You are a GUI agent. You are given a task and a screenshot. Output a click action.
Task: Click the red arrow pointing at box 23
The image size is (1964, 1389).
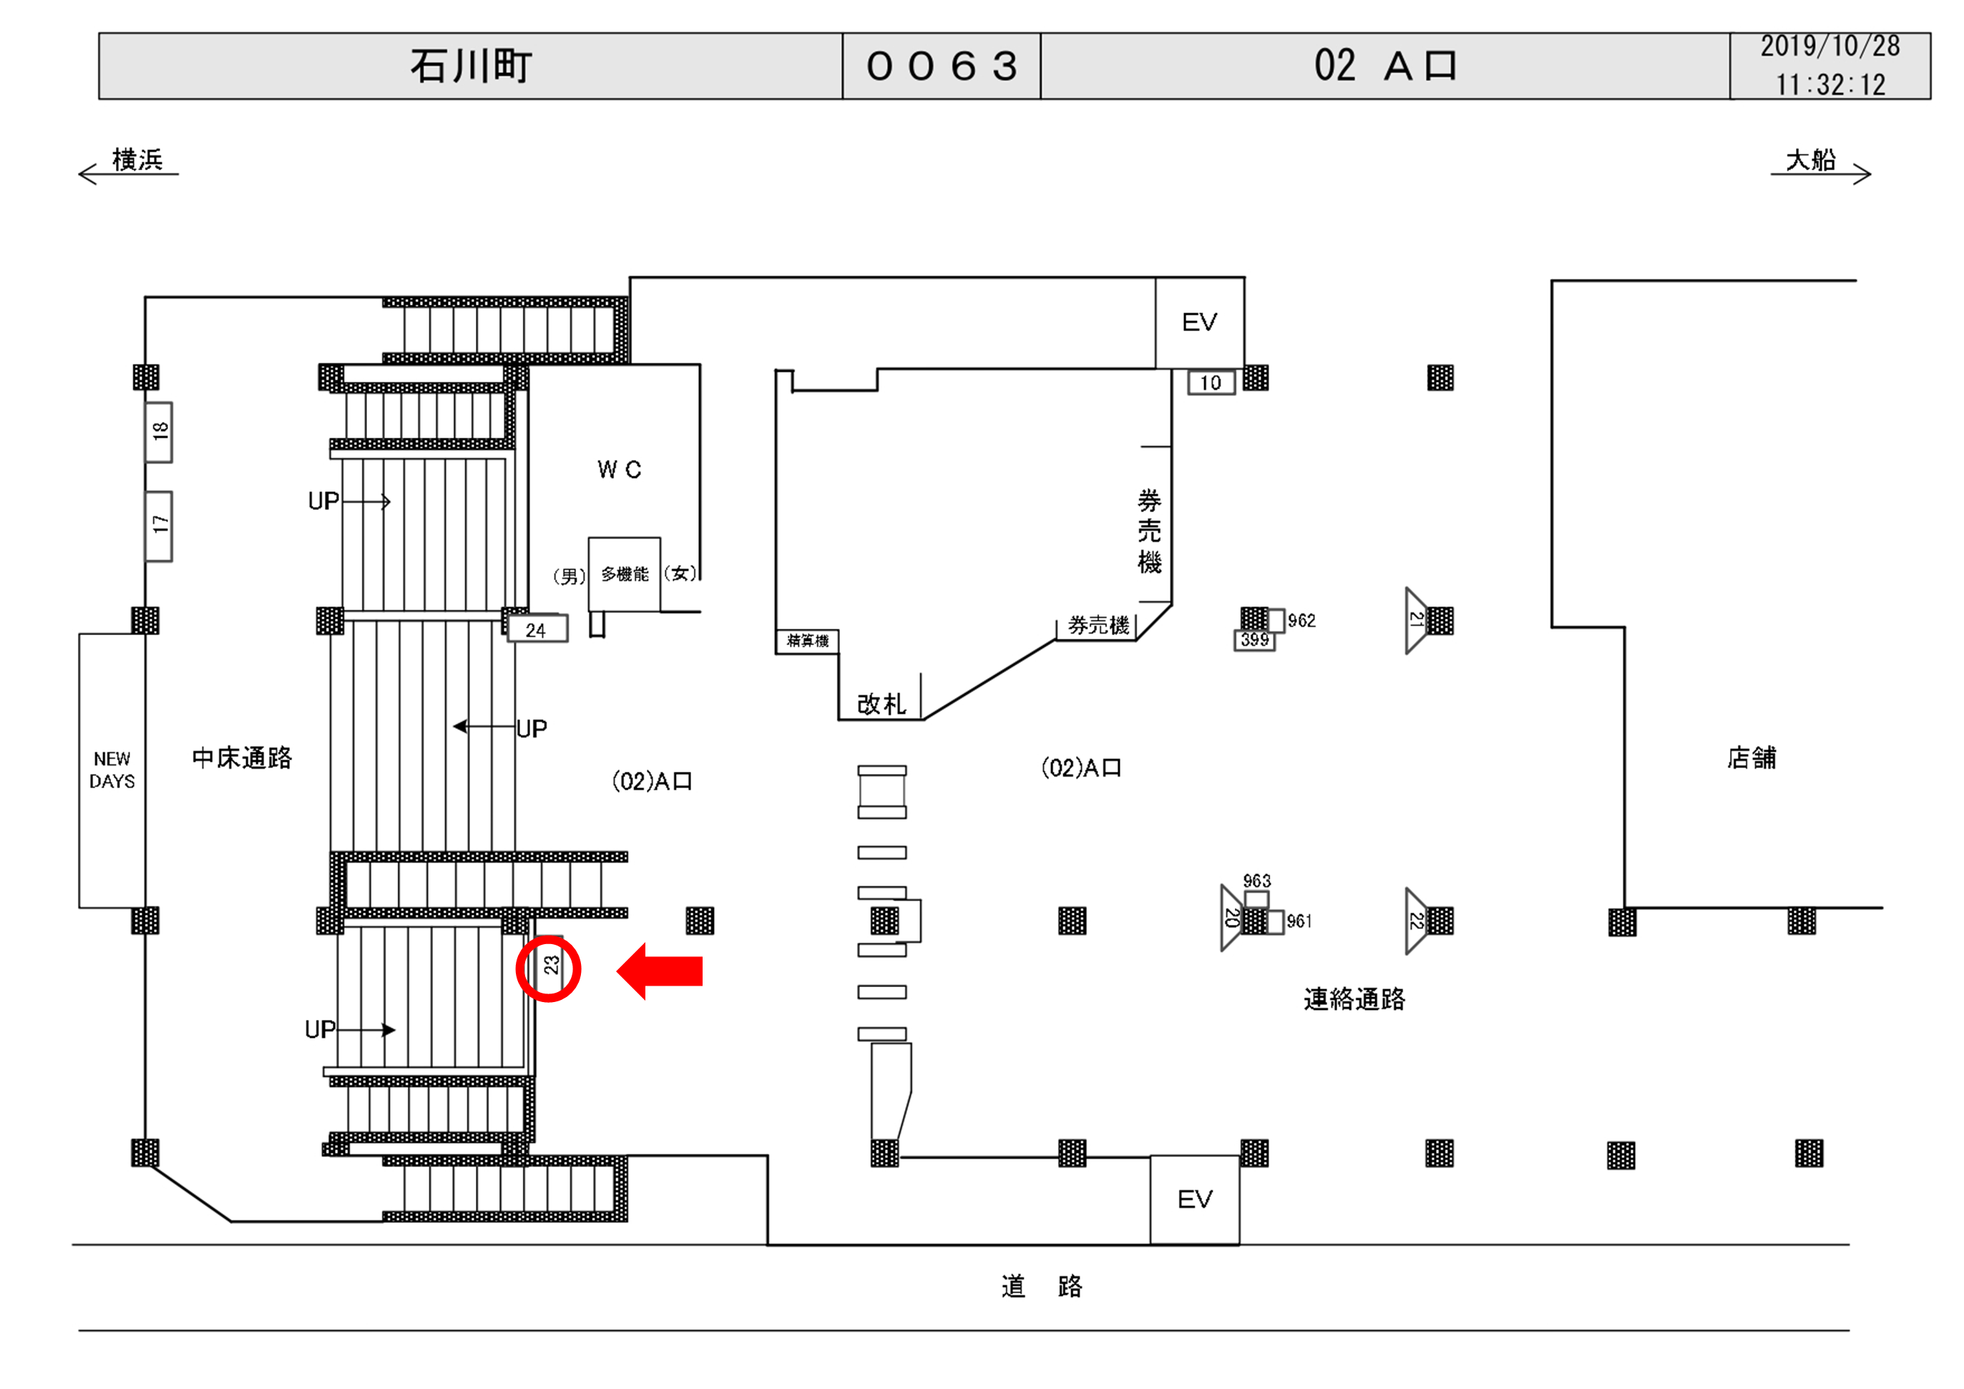[x=660, y=971]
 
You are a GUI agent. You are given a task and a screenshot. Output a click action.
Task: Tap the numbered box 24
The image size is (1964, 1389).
[x=537, y=630]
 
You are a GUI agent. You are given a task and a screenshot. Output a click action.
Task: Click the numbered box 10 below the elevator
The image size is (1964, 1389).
[x=1211, y=383]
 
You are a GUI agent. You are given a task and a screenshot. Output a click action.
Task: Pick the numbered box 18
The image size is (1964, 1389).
[x=159, y=432]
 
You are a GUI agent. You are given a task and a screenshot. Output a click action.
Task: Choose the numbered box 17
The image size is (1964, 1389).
[x=159, y=525]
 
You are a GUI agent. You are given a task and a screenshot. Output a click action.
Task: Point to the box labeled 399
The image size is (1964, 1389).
[x=1254, y=639]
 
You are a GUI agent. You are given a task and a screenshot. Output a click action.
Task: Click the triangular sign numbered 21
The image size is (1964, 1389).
[x=1416, y=620]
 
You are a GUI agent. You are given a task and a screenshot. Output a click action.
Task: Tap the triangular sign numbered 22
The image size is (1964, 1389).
[x=1416, y=921]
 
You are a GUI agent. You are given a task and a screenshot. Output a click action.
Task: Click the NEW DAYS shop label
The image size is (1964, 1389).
[x=112, y=770]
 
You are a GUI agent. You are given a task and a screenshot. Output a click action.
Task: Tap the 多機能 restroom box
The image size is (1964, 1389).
[x=625, y=574]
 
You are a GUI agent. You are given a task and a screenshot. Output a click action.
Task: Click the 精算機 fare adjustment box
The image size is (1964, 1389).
[x=808, y=641]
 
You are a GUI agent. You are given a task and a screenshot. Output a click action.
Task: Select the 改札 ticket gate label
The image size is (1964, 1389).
[x=881, y=704]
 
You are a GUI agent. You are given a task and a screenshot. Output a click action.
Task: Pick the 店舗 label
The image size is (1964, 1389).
[x=1751, y=757]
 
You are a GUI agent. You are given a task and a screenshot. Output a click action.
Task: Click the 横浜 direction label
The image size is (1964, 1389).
[x=137, y=160]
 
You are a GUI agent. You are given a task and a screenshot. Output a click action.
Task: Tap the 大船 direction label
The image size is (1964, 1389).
[x=1810, y=160]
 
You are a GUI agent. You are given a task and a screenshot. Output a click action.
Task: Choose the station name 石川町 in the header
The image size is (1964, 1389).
[x=471, y=66]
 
